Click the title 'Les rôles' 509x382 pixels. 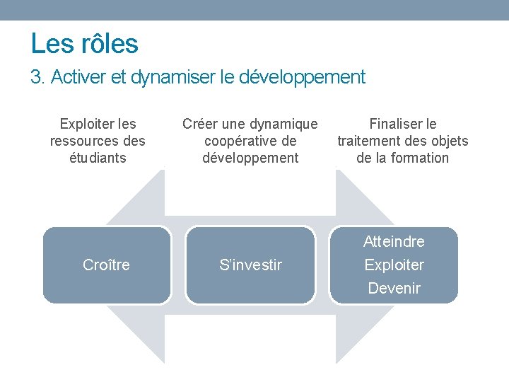coord(84,44)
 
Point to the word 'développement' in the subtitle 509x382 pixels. coord(303,76)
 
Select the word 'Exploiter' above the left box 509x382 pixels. coord(88,124)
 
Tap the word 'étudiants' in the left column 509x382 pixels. coord(98,158)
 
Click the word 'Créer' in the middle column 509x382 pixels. coord(199,124)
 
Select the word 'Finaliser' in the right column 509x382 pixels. coord(394,124)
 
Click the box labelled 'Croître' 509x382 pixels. coord(107,265)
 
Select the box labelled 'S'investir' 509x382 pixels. coord(250,265)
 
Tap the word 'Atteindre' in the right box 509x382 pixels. coord(394,241)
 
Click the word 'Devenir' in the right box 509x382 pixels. coord(394,288)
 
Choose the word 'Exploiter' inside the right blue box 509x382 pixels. coord(394,265)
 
